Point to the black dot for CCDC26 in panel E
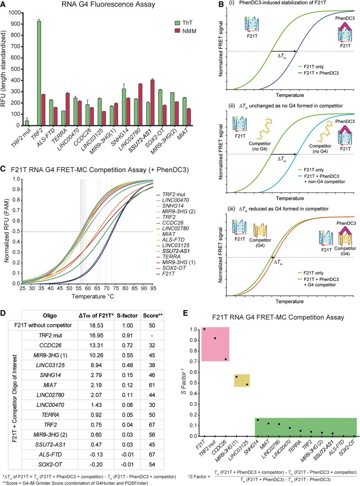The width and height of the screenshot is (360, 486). click(226, 359)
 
